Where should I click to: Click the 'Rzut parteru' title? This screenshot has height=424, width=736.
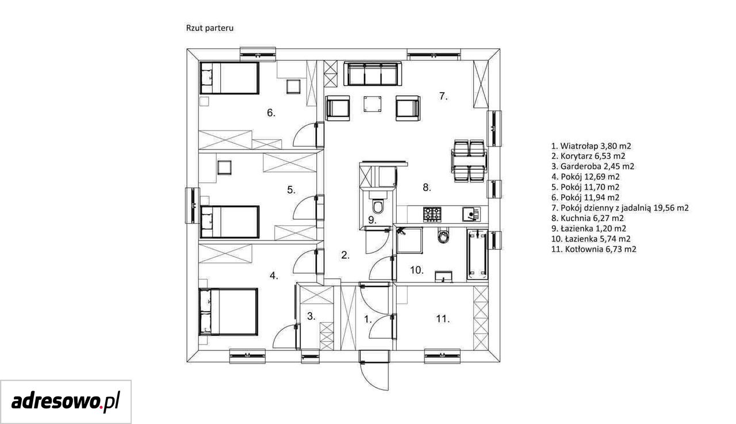pyautogui.click(x=210, y=28)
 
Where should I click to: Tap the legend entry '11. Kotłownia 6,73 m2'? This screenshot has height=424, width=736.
pyautogui.click(x=594, y=249)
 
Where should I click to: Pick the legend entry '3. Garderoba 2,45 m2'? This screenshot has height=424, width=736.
pyautogui.click(x=593, y=166)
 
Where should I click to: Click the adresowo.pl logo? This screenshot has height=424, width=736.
pyautogui.click(x=66, y=402)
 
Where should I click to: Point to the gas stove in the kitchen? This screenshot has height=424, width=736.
pyautogui.click(x=432, y=214)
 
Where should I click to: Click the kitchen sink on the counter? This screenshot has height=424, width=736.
pyautogui.click(x=471, y=214)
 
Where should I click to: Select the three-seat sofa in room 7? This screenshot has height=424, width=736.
pyautogui.click(x=373, y=74)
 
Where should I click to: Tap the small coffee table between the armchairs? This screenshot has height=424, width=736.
pyautogui.click(x=373, y=104)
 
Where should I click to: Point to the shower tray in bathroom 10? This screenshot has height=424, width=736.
pyautogui.click(x=409, y=240)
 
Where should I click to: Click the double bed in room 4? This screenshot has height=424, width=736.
pyautogui.click(x=228, y=312)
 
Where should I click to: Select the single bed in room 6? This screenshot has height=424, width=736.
pyautogui.click(x=229, y=78)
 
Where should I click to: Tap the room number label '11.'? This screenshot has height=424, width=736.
pyautogui.click(x=443, y=319)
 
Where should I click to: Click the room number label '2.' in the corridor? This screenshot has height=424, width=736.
pyautogui.click(x=346, y=255)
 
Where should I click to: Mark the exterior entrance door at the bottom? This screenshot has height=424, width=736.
pyautogui.click(x=374, y=370)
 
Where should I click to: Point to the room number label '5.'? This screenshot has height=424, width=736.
pyautogui.click(x=292, y=190)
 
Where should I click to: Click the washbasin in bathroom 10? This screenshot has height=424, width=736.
pyautogui.click(x=443, y=276)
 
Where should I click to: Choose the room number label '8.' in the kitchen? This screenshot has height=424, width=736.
pyautogui.click(x=427, y=188)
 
